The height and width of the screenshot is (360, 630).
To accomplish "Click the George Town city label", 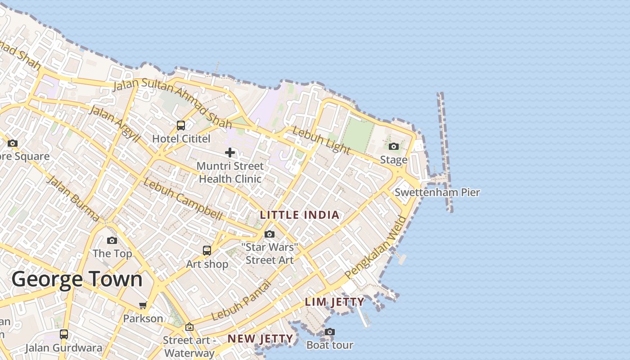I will point(77,279).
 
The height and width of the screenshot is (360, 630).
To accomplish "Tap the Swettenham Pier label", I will point(437,193).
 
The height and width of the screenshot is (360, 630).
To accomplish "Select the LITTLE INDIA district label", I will point(300,215).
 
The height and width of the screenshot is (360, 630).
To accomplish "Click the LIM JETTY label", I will point(335,302).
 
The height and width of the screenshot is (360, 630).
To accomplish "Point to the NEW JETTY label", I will point(260,338).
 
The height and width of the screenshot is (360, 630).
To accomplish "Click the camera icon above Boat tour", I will point(330,332).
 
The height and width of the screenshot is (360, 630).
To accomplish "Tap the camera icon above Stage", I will point(394,146).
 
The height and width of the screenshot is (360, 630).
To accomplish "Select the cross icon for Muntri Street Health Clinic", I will point(230,153).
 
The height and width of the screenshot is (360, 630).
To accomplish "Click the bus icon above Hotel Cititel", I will point(181,126).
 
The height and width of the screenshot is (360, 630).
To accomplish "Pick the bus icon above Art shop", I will point(207,251).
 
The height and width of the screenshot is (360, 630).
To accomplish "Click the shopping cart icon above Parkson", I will point(143,306).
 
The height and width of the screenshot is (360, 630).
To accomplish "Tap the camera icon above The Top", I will point(112,240).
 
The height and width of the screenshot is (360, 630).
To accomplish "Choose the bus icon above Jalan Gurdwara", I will point(64,334).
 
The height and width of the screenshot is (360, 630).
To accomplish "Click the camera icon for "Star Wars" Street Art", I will point(270,234).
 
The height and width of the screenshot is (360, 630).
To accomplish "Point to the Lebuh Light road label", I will point(321,140).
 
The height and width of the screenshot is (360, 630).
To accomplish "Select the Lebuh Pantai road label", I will point(242,301).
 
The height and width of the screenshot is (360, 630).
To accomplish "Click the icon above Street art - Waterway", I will point(189,327).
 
